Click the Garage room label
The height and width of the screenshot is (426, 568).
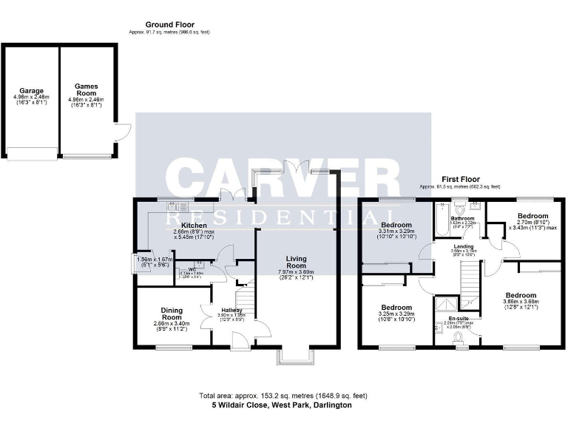tap(31, 91)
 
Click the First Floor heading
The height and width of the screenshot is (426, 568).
tap(460, 179)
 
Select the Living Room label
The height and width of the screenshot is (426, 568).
tap(296, 261)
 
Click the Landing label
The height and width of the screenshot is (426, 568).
tap(464, 246)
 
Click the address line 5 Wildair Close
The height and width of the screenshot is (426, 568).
tap(280, 405)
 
